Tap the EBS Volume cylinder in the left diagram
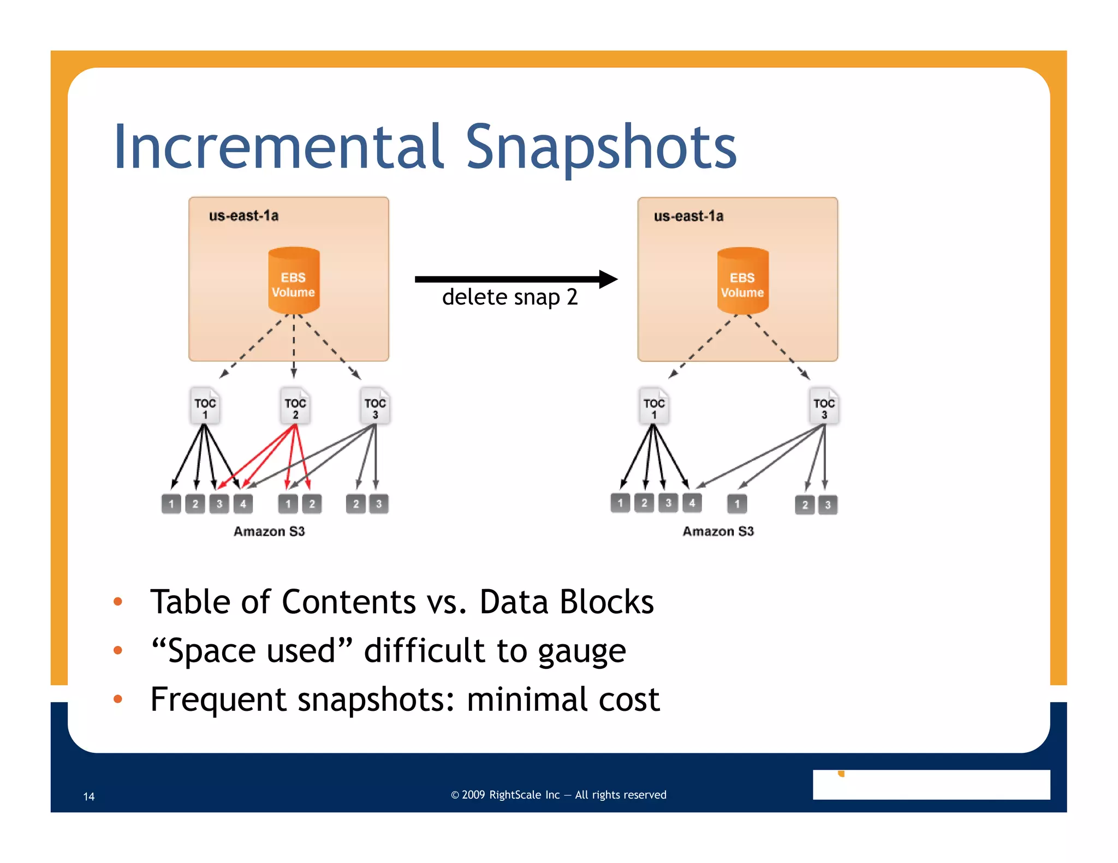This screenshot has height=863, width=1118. tap(294, 281)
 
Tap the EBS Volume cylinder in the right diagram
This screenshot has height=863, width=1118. tap(742, 281)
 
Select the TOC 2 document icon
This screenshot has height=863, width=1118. tap(295, 406)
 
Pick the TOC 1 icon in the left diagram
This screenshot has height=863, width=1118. tap(205, 406)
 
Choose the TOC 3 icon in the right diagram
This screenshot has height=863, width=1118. tap(824, 406)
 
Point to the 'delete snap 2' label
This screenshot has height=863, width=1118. tap(510, 297)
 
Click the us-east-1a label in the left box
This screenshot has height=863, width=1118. tap(243, 216)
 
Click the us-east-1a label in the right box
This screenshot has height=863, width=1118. tap(688, 217)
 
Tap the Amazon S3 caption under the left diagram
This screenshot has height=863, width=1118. tap(269, 531)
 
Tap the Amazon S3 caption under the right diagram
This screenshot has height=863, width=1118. tap(718, 531)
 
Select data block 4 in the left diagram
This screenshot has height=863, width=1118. tap(243, 504)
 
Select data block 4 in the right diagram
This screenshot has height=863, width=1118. tap(692, 503)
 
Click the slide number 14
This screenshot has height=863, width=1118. tap(89, 796)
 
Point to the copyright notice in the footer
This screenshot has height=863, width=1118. tap(558, 795)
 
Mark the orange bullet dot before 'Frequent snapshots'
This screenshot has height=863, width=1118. tap(117, 699)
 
